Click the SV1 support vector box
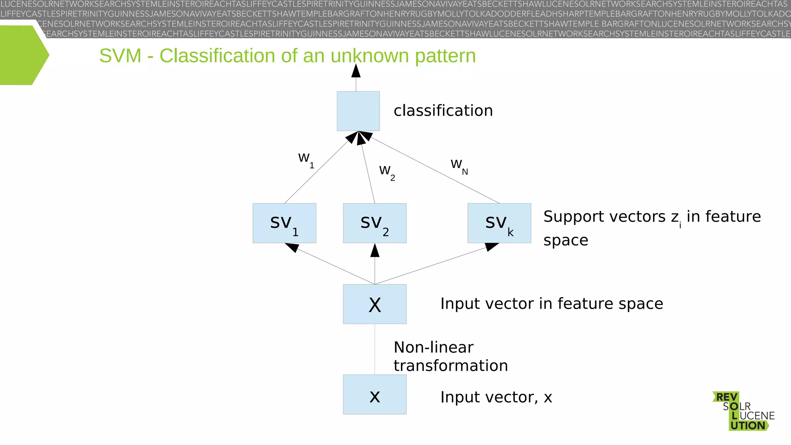pos(284,223)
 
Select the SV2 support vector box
pos(375,223)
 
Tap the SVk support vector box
pos(499,223)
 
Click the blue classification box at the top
pos(358,111)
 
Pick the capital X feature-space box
pos(375,304)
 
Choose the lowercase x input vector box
pos(375,394)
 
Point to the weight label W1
pos(306,160)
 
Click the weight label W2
pos(387,172)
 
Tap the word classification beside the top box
pos(443,111)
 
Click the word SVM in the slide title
pos(120,56)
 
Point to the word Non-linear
pos(433,347)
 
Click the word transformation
pos(450,365)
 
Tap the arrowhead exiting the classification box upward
pos(356,71)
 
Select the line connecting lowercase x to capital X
pos(375,349)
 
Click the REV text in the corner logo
pos(726,397)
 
